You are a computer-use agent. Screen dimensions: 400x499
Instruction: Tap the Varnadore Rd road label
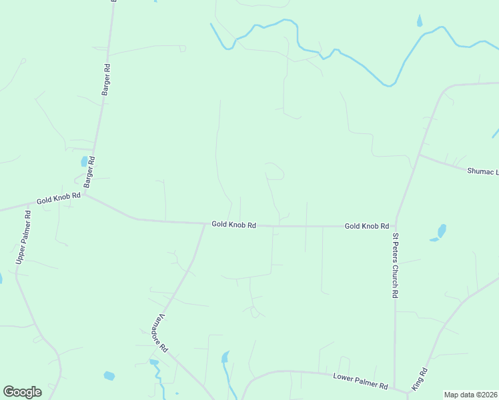point(155,333)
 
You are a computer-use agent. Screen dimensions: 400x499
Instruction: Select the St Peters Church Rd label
point(395,265)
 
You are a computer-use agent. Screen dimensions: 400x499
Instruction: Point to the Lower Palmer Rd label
point(360,382)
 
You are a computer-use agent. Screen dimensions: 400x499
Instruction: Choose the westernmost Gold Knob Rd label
point(59,199)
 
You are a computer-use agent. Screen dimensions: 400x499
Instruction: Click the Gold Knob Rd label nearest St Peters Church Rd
point(366,227)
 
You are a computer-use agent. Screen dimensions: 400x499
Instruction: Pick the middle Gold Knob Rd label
point(234,225)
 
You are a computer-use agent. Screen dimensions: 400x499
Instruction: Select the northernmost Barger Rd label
point(105,79)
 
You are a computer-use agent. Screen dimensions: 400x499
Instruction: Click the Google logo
point(22,391)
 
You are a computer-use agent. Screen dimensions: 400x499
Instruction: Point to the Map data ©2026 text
point(470,395)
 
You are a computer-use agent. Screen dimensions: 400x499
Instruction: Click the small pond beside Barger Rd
point(84,161)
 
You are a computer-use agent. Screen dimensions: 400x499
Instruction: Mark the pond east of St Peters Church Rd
point(440,231)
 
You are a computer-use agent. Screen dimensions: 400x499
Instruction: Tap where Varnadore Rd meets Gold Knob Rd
point(205,224)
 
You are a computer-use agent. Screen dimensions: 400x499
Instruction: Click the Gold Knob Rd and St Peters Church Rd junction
point(396,225)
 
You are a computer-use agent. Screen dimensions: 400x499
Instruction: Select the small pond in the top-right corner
point(420,21)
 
